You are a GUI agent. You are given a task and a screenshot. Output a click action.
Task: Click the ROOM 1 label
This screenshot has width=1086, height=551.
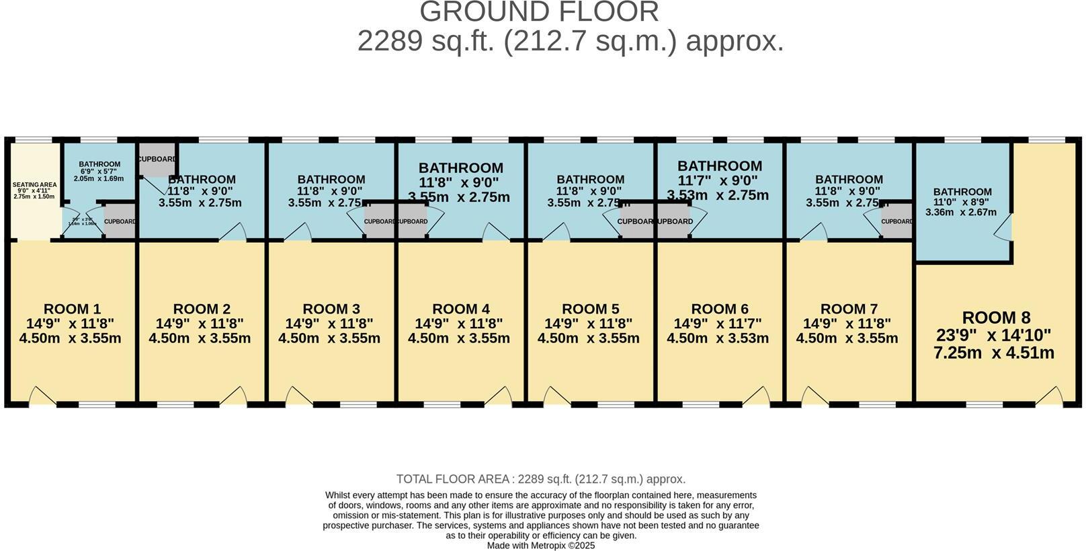click(x=72, y=309)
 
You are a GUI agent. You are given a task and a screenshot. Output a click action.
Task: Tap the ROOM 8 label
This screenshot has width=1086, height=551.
click(x=996, y=318)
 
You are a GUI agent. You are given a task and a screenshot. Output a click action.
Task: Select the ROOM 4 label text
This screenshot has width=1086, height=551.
click(x=460, y=309)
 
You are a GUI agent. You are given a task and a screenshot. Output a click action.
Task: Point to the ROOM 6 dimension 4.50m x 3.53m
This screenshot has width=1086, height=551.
click(x=718, y=338)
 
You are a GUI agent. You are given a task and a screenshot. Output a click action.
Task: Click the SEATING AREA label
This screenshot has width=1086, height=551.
click(x=34, y=184)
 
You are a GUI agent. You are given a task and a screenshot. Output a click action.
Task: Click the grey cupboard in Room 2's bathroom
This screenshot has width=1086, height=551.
click(x=157, y=159)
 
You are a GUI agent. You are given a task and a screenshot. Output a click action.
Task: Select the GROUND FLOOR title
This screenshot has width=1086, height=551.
click(x=540, y=12)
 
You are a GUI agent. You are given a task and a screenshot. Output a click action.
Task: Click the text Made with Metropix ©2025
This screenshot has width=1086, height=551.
click(x=541, y=546)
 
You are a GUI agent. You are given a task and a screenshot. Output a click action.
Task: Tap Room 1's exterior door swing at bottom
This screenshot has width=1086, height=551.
click(x=42, y=397)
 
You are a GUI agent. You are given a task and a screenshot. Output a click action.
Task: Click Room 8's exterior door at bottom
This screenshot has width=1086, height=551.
click(x=1048, y=397)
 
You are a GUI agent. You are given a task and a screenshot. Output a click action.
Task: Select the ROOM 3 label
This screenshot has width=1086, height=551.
click(x=331, y=309)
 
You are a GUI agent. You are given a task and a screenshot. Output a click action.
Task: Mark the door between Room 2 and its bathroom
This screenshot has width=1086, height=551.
click(x=233, y=233)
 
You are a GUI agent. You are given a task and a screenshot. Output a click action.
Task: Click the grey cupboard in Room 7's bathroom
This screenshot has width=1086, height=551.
click(x=896, y=222)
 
